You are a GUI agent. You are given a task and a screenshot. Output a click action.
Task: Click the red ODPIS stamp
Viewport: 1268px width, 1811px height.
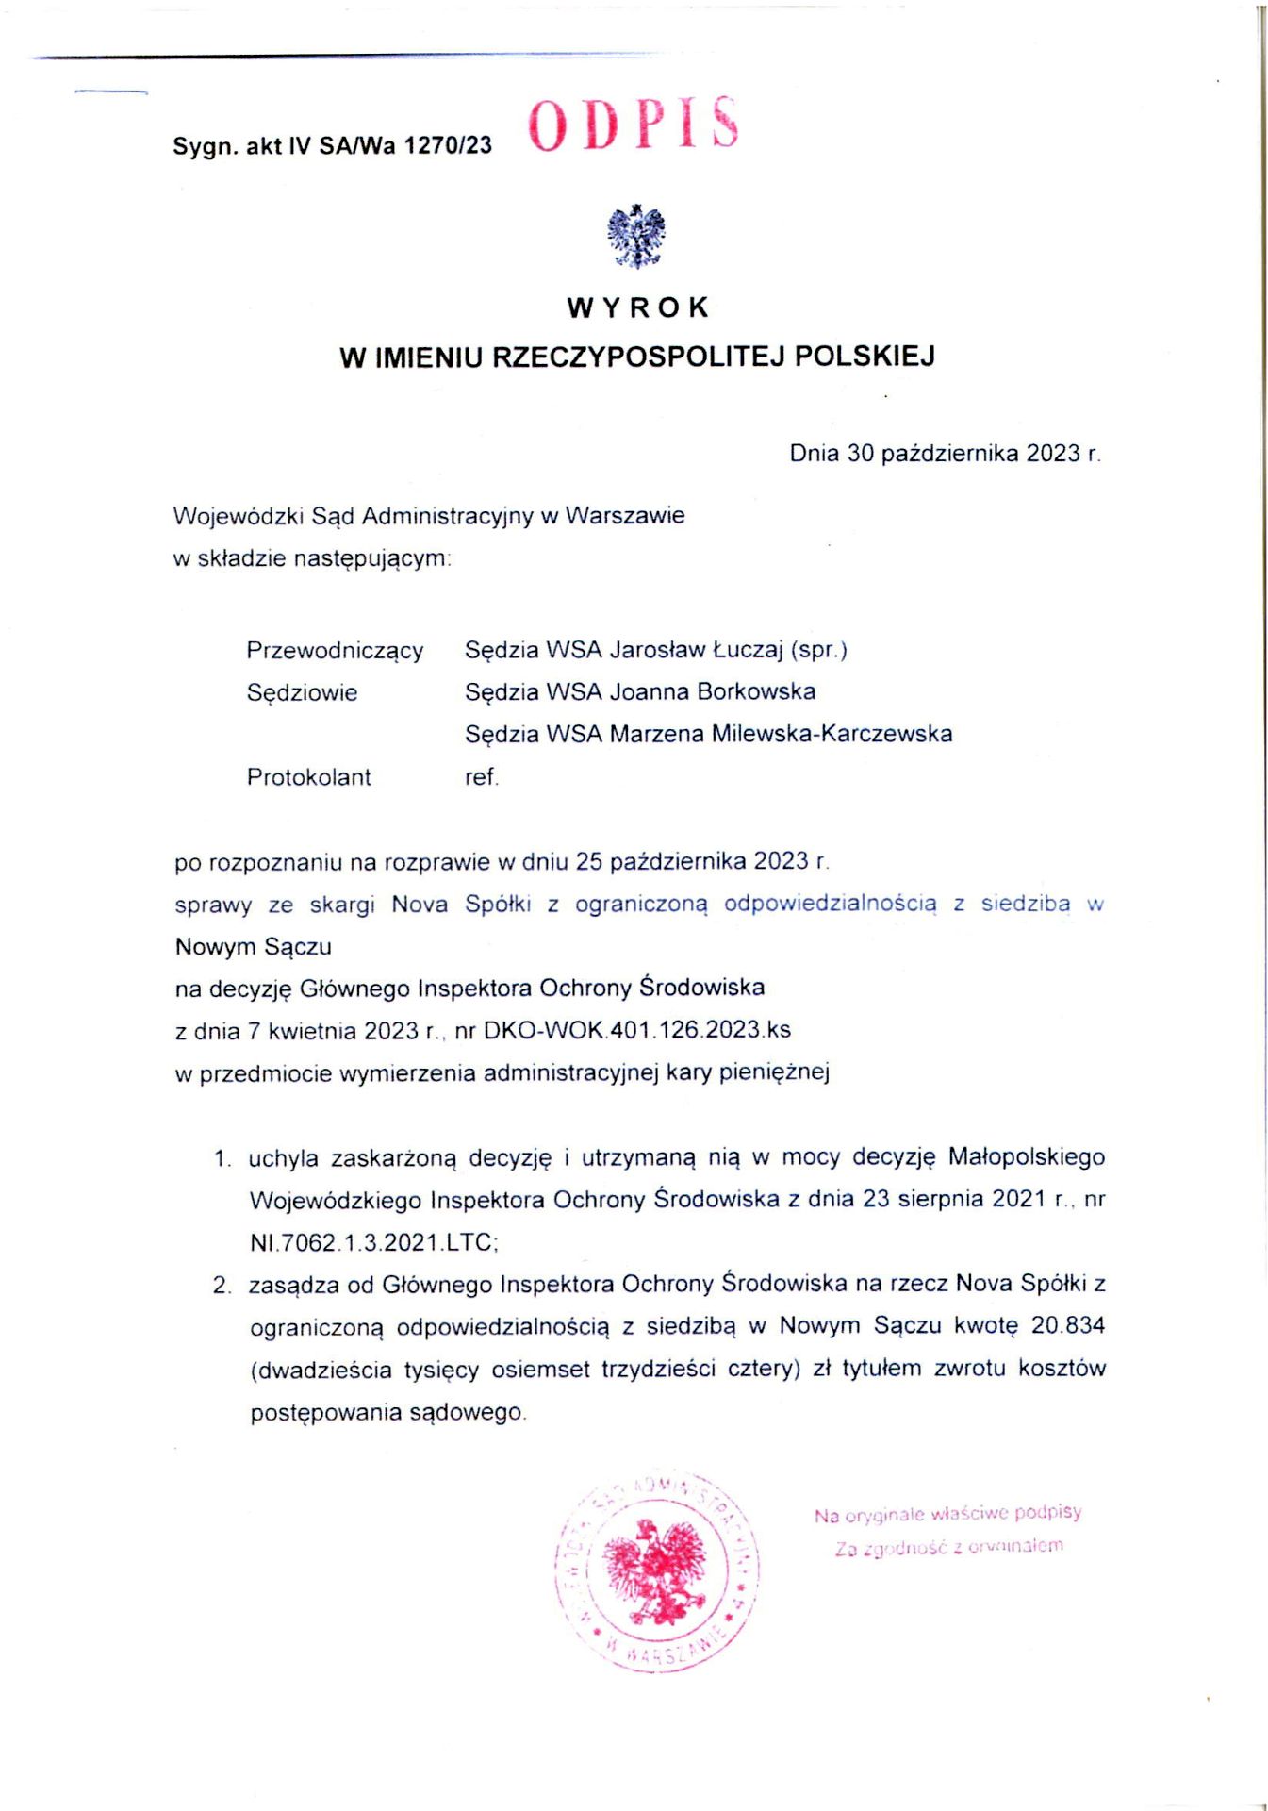[x=633, y=125]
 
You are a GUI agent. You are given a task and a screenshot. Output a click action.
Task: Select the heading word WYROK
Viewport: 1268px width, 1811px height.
[x=637, y=307]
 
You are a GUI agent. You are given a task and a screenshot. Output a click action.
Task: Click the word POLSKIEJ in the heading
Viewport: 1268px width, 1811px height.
[x=865, y=357]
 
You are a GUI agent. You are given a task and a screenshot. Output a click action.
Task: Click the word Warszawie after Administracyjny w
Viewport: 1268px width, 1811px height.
[x=625, y=516]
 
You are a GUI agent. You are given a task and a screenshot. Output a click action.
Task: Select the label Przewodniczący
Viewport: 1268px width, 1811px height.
[x=335, y=651]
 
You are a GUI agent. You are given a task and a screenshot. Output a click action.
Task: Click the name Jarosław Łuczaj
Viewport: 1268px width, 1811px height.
[x=697, y=650]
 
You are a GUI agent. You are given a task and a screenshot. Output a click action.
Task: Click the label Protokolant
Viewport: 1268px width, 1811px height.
[x=308, y=777]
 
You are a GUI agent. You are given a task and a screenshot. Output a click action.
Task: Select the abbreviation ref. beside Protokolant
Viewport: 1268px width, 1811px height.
[x=481, y=777]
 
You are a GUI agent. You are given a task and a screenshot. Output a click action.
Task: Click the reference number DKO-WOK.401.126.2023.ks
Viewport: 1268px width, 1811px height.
[x=636, y=1030]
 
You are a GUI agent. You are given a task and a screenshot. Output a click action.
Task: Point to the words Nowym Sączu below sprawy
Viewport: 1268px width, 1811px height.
[x=253, y=946]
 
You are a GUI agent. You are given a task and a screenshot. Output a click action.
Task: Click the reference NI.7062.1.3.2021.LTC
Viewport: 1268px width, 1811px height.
[x=373, y=1242]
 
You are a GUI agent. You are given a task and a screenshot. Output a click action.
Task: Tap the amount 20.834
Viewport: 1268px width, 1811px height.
[x=1067, y=1325]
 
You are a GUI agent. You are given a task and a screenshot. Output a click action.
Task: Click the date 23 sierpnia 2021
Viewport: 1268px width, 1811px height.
[x=954, y=1199]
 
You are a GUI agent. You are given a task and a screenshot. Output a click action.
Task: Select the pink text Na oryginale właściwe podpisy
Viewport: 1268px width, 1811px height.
[x=947, y=1515]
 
